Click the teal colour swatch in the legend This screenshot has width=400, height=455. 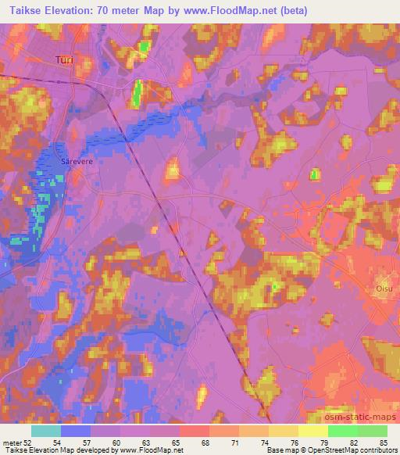46,431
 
